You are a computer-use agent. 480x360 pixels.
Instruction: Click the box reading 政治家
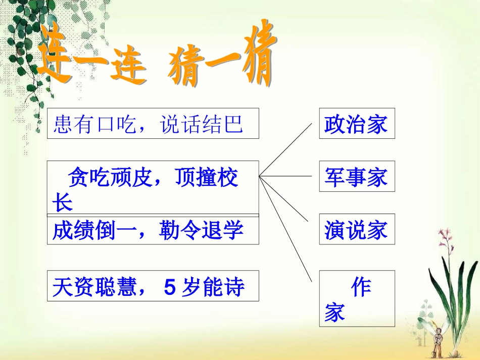(x=357, y=123)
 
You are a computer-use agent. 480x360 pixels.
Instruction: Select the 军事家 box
(x=357, y=177)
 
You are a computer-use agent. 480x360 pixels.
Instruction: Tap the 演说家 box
(x=357, y=229)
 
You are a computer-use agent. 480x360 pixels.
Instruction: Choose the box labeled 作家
(x=357, y=298)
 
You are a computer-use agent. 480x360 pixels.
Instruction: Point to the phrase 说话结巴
(x=202, y=124)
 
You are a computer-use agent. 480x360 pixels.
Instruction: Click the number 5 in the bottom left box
(x=170, y=287)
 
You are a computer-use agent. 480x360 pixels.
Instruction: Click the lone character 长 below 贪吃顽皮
(x=62, y=203)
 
